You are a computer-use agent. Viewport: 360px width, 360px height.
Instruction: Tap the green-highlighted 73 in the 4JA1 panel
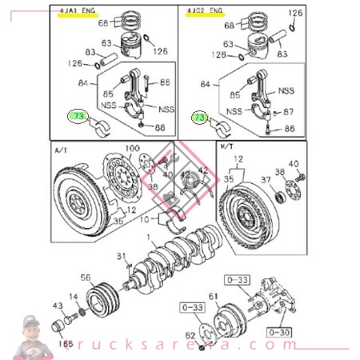pos(78,117)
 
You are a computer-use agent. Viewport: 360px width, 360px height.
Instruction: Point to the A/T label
pos(62,150)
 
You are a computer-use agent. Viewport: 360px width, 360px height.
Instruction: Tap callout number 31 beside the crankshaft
pos(122,256)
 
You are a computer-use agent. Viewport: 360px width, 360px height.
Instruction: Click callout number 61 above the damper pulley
pos(214,297)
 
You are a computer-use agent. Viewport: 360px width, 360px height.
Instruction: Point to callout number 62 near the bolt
pos(190,336)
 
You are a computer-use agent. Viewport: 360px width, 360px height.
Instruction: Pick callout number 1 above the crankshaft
pos(147,237)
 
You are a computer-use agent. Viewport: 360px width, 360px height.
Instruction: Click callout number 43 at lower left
pos(57,306)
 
